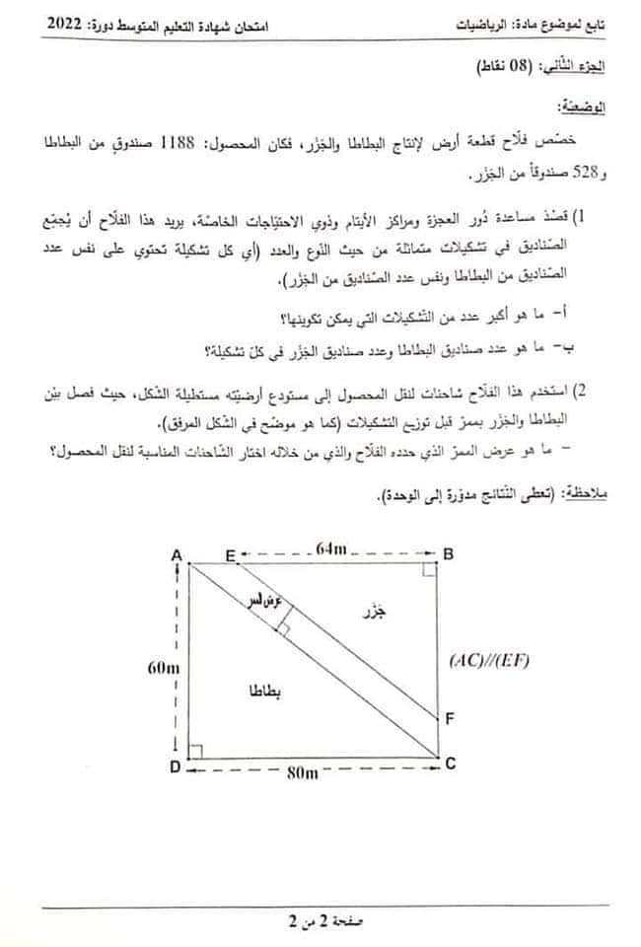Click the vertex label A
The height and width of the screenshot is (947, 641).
tap(178, 555)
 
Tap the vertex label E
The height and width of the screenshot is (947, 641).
tap(230, 555)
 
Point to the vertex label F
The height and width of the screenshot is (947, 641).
tap(449, 718)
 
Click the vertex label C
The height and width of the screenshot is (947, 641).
tap(450, 763)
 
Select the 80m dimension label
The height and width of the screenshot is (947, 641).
tap(303, 772)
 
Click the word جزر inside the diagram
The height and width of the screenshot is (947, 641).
tap(372, 613)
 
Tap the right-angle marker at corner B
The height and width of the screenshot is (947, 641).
tap(430, 569)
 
